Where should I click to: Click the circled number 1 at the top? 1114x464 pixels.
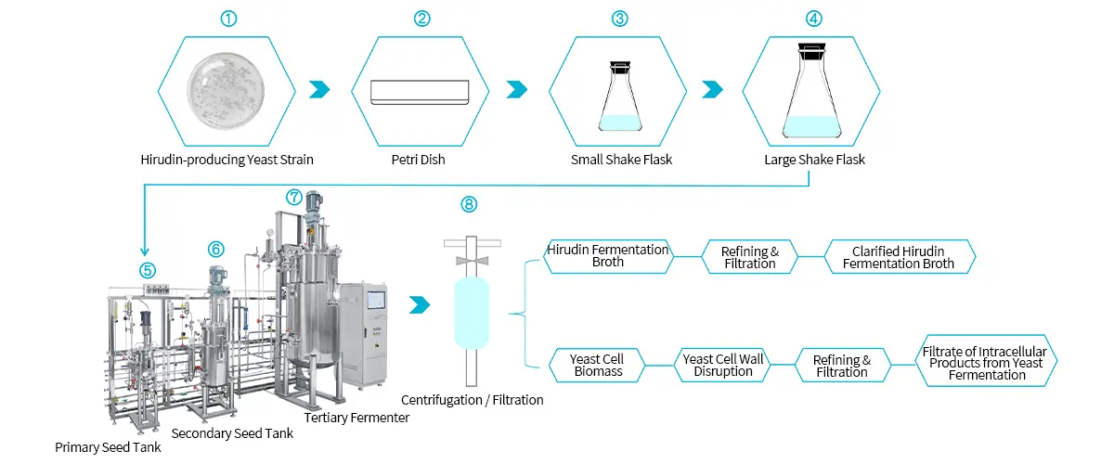click(x=227, y=18)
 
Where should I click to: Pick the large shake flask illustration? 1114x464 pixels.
click(x=812, y=93)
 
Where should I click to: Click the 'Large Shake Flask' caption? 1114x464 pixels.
click(x=814, y=160)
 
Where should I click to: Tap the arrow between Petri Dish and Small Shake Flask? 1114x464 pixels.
click(x=516, y=89)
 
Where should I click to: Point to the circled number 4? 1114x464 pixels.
click(x=814, y=18)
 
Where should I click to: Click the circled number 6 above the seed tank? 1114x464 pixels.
click(x=215, y=249)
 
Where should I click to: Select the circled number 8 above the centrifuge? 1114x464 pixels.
click(x=469, y=204)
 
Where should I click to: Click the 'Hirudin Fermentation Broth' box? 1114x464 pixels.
click(x=608, y=256)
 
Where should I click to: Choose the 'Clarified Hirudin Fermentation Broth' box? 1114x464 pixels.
click(x=899, y=257)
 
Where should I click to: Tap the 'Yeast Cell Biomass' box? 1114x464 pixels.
click(x=596, y=366)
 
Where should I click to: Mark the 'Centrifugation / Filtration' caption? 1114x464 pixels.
click(x=472, y=400)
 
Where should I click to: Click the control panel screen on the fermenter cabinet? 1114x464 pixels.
click(x=376, y=300)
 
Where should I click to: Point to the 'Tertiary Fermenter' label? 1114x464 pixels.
click(x=357, y=418)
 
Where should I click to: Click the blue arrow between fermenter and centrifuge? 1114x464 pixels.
click(x=420, y=304)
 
